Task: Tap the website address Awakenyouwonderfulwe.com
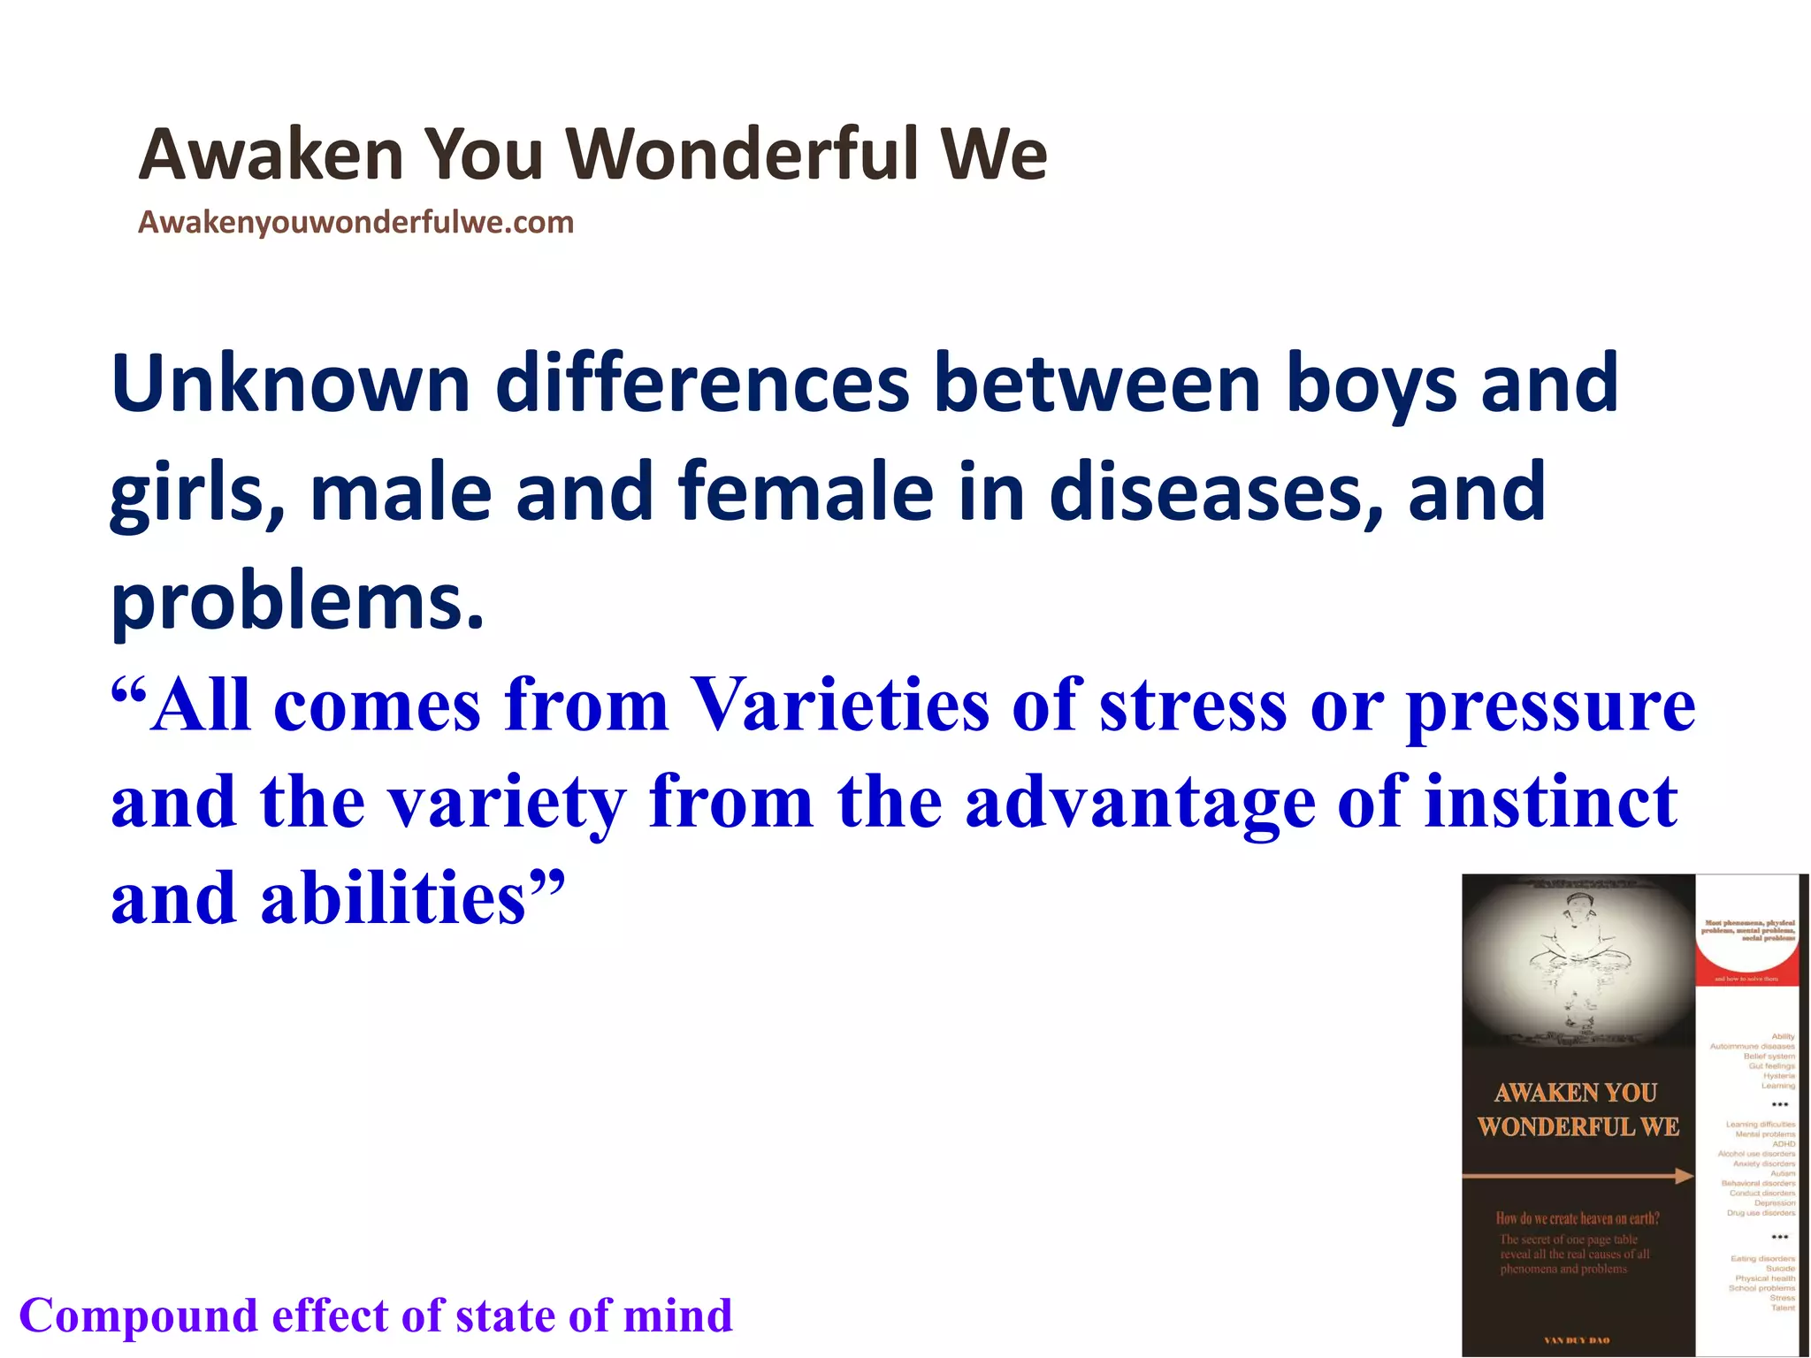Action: coord(355,222)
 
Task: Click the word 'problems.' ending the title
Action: coord(298,601)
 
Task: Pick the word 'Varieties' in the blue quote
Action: coord(839,706)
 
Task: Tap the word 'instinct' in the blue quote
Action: coord(1551,802)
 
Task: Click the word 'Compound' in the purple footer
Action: coord(138,1316)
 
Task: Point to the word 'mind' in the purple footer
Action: coord(678,1316)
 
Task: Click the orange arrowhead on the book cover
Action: coord(1683,1176)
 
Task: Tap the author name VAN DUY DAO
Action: coord(1577,1340)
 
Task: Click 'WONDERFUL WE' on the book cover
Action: coord(1578,1127)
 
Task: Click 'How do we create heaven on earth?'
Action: coord(1577,1218)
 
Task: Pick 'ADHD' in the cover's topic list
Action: coord(1783,1144)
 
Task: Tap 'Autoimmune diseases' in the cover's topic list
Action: coord(1752,1046)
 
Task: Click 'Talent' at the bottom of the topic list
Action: coord(1783,1308)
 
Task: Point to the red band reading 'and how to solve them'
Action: coord(1746,979)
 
